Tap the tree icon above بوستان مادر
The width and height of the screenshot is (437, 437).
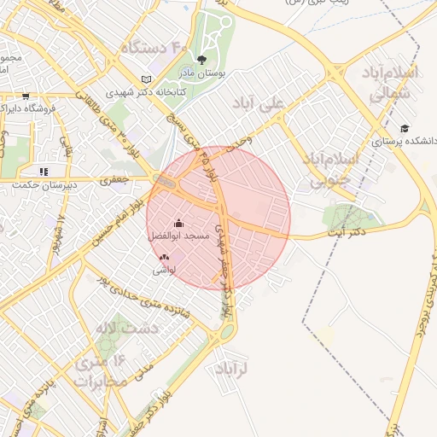coord(201,60)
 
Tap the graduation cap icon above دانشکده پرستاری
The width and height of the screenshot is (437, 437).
coord(404,128)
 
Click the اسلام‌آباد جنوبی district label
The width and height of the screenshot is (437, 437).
coord(329,170)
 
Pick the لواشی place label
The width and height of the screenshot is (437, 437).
coord(164,269)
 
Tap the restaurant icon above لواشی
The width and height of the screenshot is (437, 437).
coord(164,257)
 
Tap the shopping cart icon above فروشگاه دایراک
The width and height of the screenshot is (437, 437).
coord(26,96)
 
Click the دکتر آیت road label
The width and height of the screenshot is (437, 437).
coord(345,232)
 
